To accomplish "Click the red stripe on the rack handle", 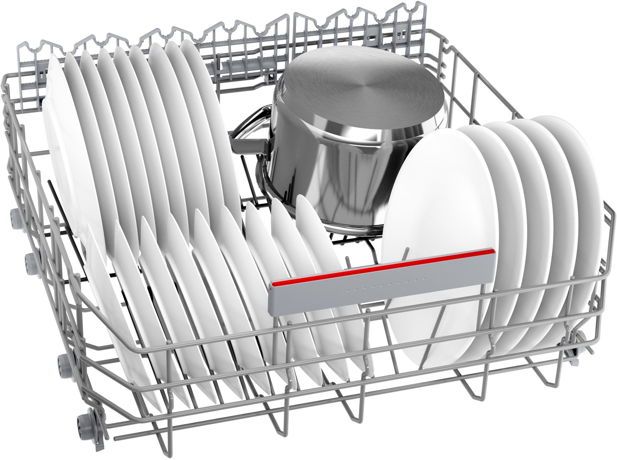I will (382, 267).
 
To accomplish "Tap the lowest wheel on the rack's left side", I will (83, 420).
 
